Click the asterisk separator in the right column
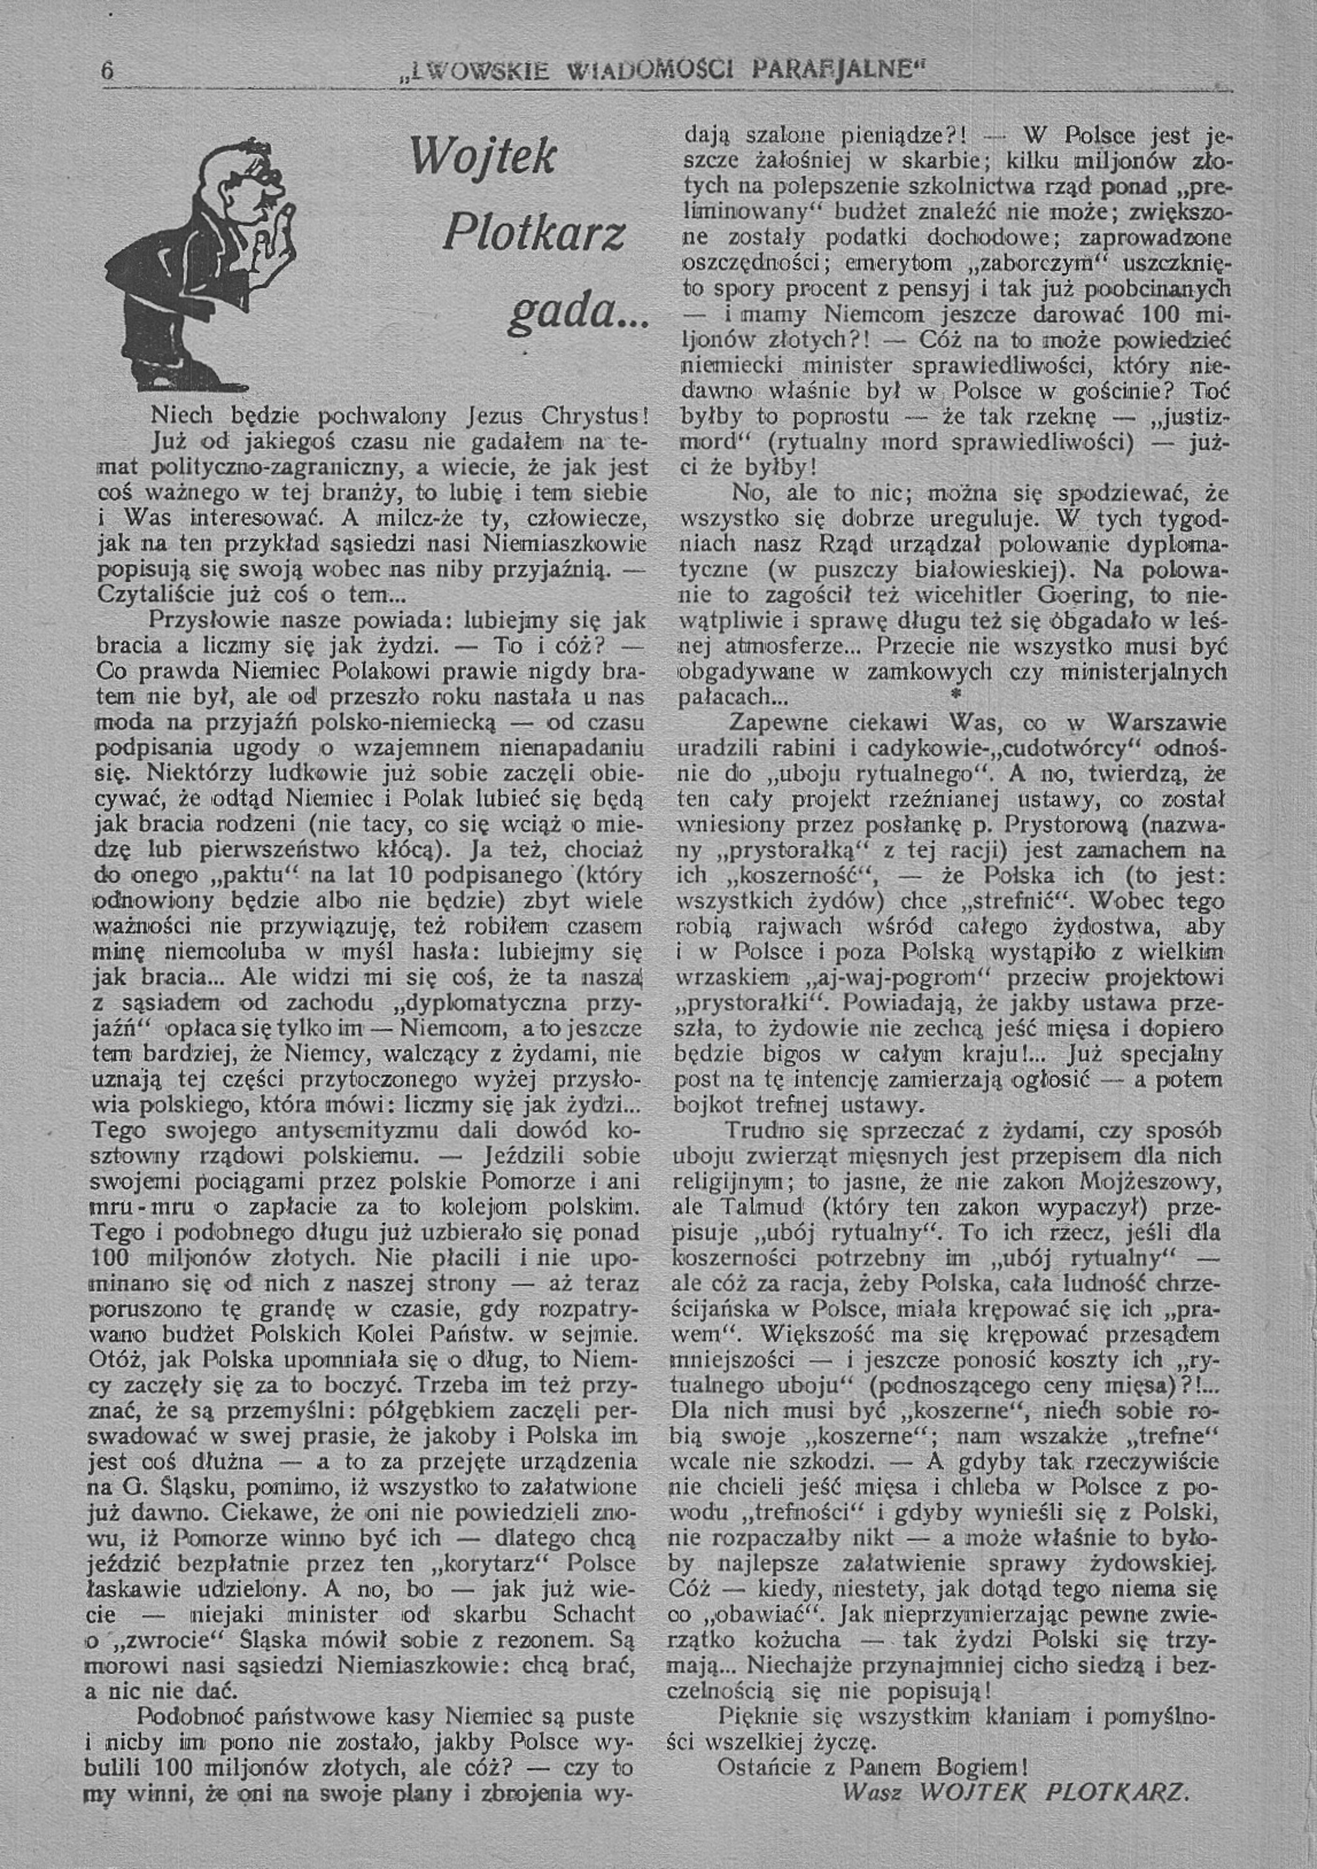[x=956, y=693]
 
